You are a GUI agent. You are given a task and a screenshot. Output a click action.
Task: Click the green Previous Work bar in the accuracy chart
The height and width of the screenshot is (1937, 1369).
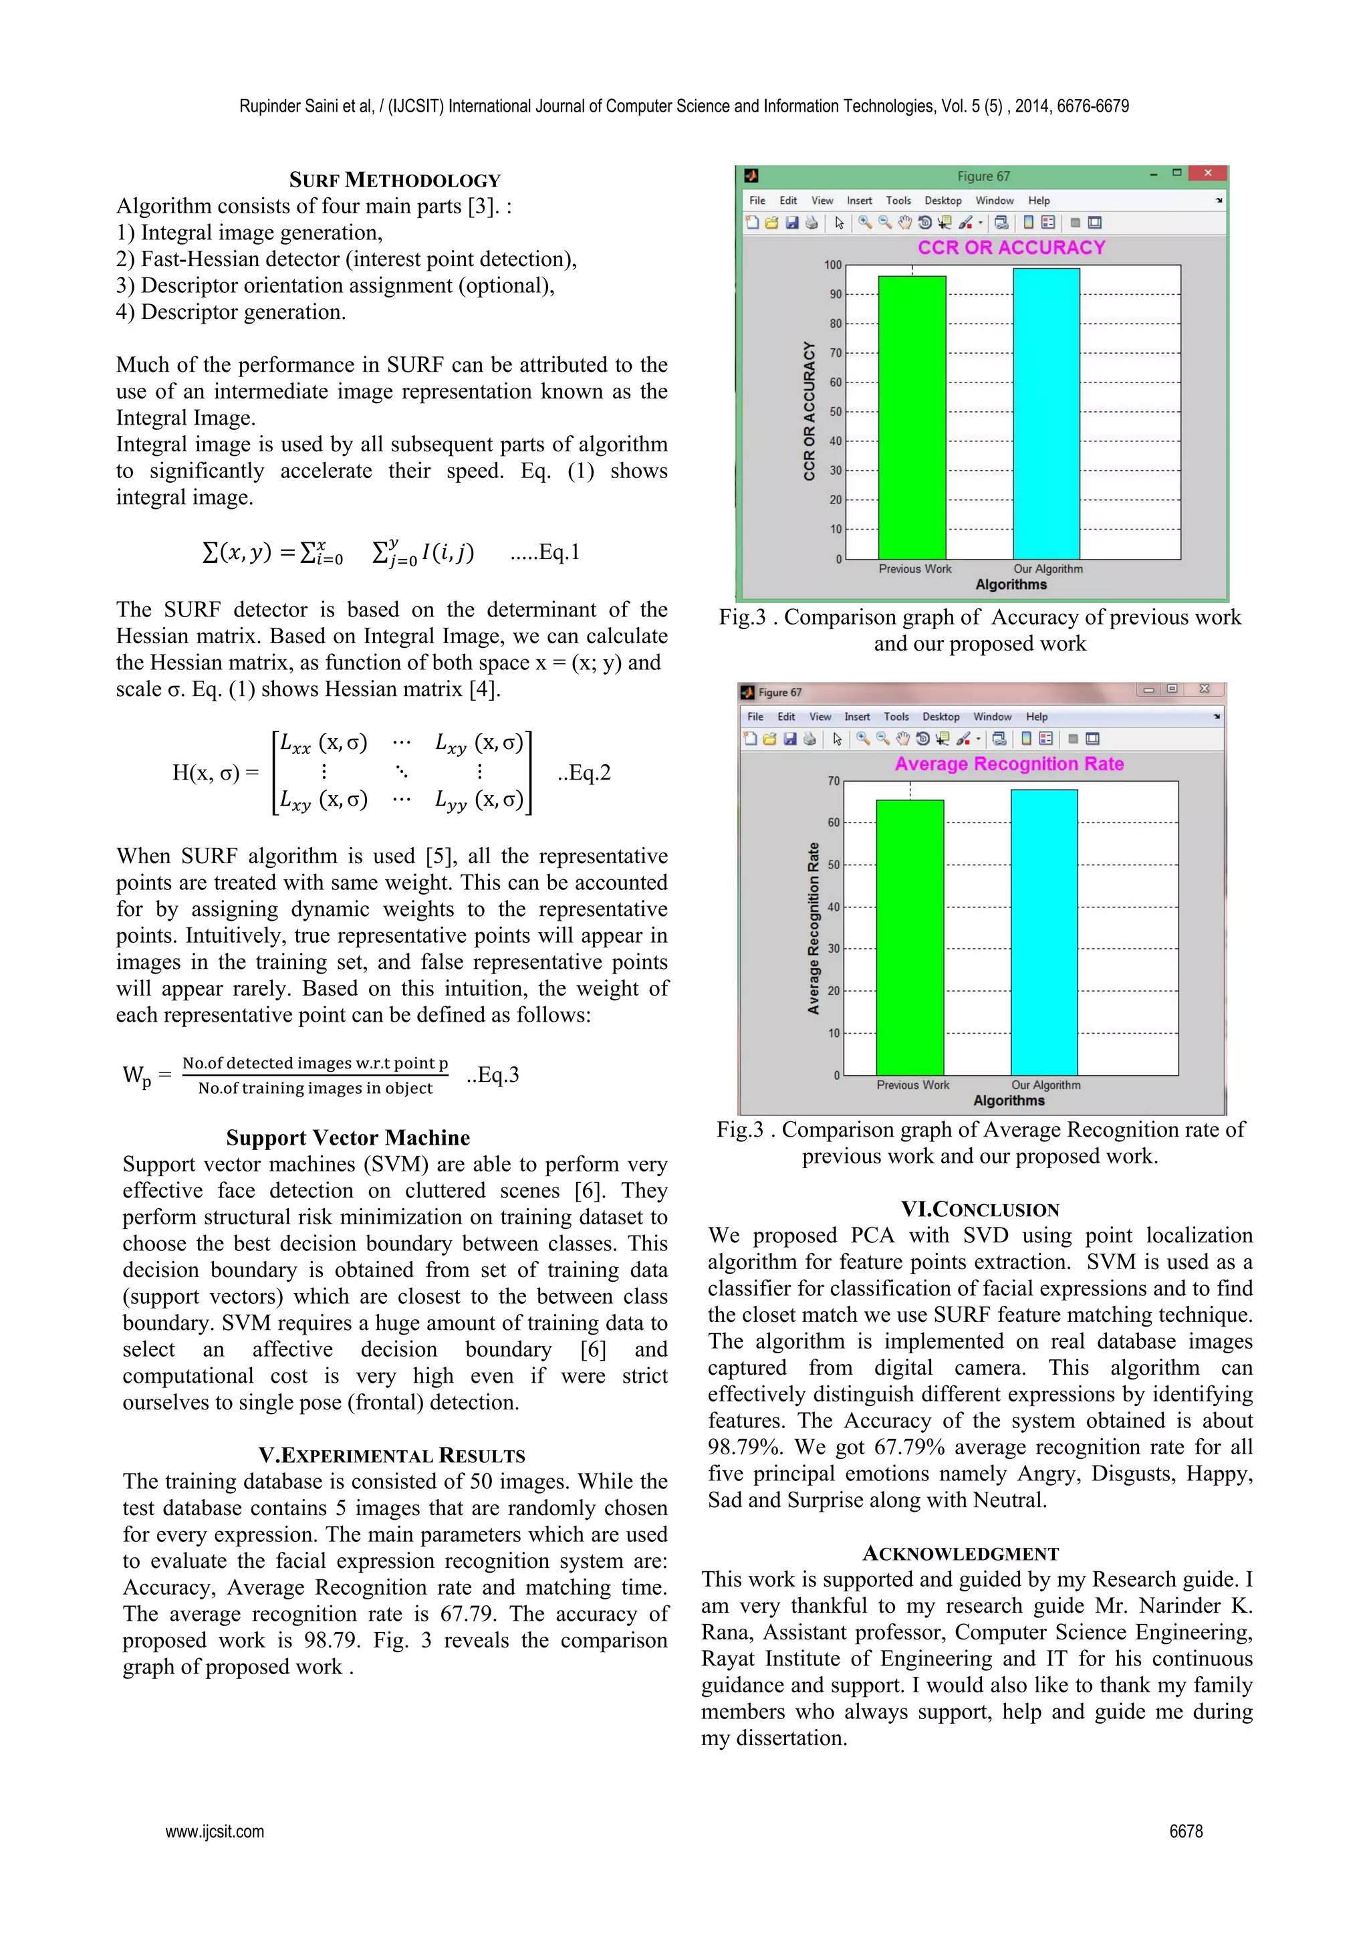912,418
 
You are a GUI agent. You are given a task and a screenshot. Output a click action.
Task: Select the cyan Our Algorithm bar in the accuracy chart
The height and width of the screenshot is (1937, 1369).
1046,413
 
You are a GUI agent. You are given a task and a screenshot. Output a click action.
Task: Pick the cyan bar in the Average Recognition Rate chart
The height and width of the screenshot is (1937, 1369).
1043,932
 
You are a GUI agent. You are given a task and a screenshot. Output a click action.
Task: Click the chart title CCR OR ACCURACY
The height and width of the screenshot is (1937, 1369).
1011,247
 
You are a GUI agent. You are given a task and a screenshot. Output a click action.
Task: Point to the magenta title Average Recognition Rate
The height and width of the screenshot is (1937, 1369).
1009,764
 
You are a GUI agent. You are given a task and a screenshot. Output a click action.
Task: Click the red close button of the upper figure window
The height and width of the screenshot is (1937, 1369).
1207,173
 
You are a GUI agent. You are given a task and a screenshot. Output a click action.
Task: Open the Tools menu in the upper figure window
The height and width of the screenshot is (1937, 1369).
898,201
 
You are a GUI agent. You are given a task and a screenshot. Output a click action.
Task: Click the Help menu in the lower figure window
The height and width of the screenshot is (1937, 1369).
1036,717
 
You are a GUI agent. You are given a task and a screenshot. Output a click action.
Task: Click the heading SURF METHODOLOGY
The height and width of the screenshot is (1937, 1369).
395,180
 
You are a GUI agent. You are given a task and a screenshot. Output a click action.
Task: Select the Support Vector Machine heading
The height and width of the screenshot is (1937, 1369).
348,1137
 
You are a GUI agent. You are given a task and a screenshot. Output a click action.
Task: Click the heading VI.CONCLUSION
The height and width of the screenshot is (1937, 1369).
979,1209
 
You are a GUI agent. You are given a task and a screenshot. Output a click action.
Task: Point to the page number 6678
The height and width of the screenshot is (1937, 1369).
1185,1831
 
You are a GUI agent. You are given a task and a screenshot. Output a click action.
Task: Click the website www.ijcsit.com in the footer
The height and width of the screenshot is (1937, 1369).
215,1831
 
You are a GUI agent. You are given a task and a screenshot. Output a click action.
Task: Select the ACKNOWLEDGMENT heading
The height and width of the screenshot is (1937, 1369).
961,1553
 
